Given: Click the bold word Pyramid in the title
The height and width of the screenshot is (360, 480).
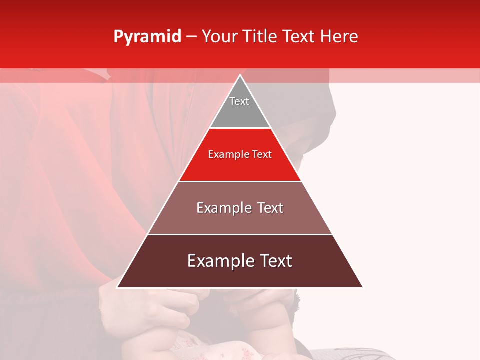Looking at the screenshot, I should pyautogui.click(x=147, y=37).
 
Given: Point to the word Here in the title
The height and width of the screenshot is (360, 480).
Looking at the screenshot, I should pyautogui.click(x=339, y=37).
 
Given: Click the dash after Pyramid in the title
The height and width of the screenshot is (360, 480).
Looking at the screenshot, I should pyautogui.click(x=191, y=37).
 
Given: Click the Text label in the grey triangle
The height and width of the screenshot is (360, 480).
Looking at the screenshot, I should pyautogui.click(x=239, y=101).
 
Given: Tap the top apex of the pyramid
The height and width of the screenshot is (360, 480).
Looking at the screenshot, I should pyautogui.click(x=240, y=76).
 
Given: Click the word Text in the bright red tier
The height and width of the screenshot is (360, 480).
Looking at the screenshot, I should pyautogui.click(x=262, y=155).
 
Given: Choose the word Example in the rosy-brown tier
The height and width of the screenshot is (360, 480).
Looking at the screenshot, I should pyautogui.click(x=222, y=208).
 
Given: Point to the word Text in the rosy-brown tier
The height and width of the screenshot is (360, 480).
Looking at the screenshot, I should pyautogui.click(x=270, y=208).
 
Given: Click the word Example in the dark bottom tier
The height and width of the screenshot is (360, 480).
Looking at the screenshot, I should pyautogui.click(x=220, y=261).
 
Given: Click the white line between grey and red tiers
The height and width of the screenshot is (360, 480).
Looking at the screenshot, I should pyautogui.click(x=240, y=128).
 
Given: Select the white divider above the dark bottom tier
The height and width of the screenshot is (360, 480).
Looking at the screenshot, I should pyautogui.click(x=240, y=234).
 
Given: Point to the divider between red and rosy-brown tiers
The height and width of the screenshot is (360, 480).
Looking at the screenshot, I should pyautogui.click(x=240, y=181).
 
